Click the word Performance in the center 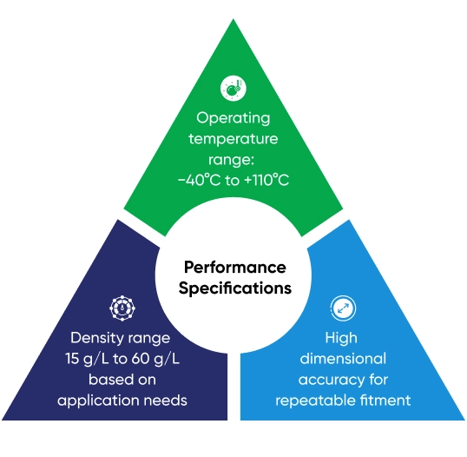[x=235, y=268]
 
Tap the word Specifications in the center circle [x=235, y=288]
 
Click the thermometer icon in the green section [x=233, y=89]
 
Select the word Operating [x=233, y=119]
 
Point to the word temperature [x=233, y=139]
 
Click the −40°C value [x=200, y=180]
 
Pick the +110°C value [x=266, y=180]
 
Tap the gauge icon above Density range [x=122, y=308]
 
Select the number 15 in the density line [x=72, y=359]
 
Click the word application [x=98, y=401]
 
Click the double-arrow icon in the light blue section [x=343, y=308]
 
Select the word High [x=341, y=339]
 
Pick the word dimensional [x=343, y=359]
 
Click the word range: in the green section [x=231, y=161]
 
